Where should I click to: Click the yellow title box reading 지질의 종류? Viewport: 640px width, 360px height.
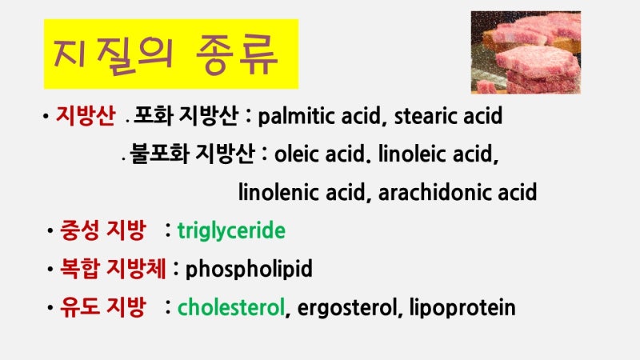171,54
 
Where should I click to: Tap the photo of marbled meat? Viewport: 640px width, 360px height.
526,52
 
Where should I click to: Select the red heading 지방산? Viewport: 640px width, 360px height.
86,115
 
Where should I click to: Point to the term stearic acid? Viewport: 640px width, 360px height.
448,116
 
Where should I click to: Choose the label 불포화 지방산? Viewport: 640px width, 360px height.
192,154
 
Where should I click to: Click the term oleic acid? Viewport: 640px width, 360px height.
319,154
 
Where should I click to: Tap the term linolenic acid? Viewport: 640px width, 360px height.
302,192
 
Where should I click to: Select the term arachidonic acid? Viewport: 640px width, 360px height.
457,192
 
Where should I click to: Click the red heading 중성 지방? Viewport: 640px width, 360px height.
102,230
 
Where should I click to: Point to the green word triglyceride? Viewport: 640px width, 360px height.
231,231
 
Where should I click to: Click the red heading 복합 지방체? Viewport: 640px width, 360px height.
113,269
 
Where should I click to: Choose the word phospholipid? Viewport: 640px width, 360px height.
249,270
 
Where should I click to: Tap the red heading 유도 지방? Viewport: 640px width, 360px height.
102,307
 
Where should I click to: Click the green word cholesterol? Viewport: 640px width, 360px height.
231,307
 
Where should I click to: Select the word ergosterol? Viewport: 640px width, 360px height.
347,308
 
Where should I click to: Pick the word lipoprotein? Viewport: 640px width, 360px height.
462,308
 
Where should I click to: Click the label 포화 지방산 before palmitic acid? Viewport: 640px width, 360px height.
186,115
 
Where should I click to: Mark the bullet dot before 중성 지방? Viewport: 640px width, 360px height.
50,231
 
